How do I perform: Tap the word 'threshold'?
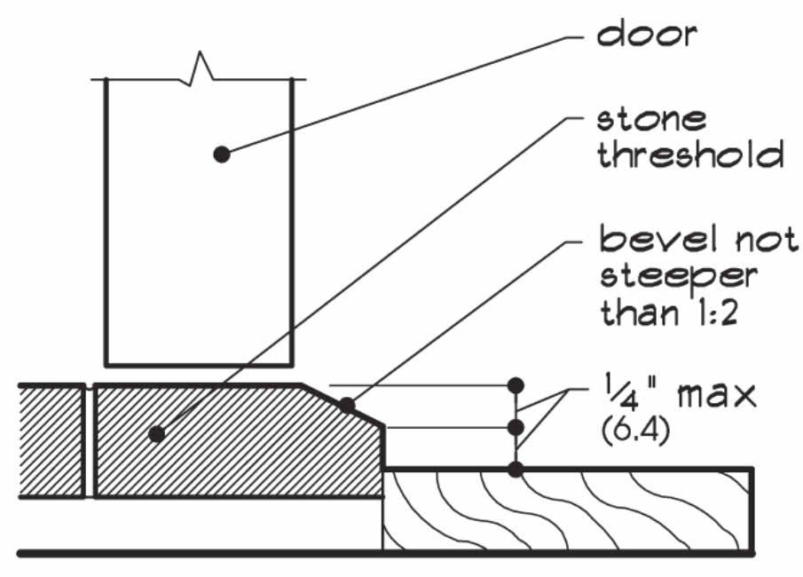(689, 155)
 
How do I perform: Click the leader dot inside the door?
(221, 154)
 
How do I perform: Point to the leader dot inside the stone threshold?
(157, 434)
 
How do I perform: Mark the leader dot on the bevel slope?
(348, 406)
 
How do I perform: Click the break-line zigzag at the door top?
(201, 71)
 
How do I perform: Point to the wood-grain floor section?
(568, 510)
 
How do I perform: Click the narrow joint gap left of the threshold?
(90, 441)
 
